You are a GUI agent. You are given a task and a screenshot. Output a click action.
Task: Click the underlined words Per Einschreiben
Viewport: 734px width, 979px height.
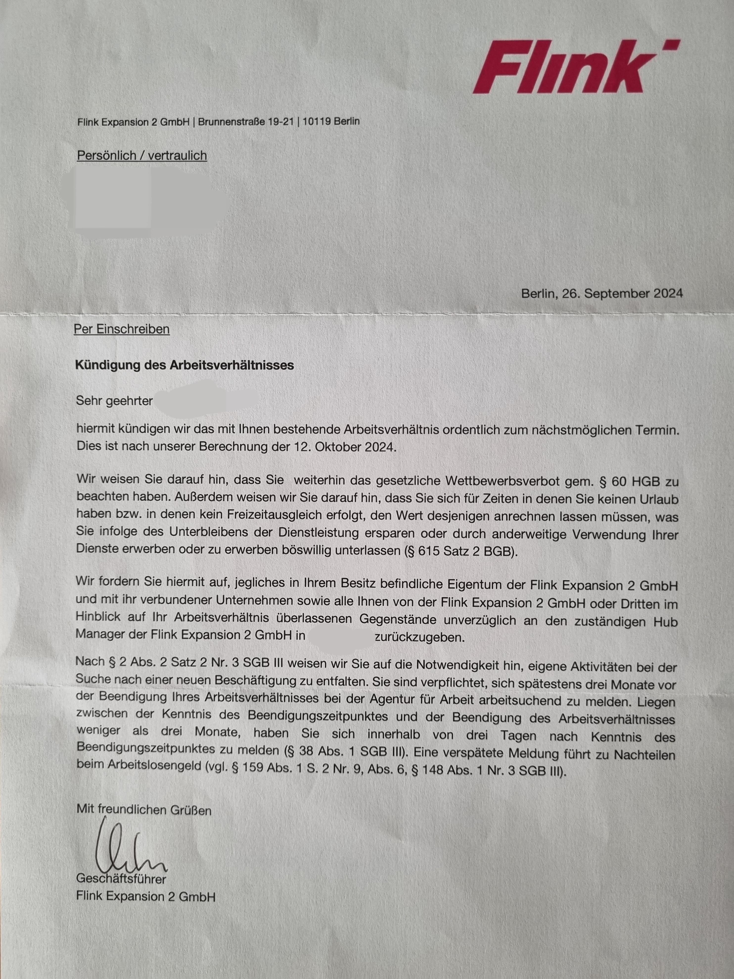[x=122, y=329]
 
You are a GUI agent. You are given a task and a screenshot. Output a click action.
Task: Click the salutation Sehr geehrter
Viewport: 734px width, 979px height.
[x=114, y=401]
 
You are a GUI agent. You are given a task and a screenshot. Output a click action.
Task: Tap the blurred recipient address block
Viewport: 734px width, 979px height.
[x=150, y=199]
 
